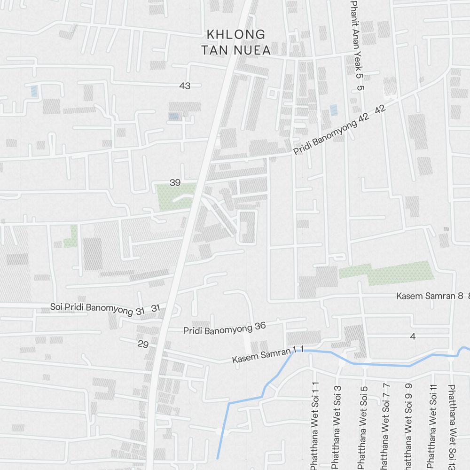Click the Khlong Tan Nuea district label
(236, 42)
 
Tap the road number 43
(185, 86)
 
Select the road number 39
(175, 182)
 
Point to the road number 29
(143, 344)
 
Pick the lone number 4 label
(413, 336)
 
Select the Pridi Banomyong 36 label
(225, 328)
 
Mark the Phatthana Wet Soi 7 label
(385, 425)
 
